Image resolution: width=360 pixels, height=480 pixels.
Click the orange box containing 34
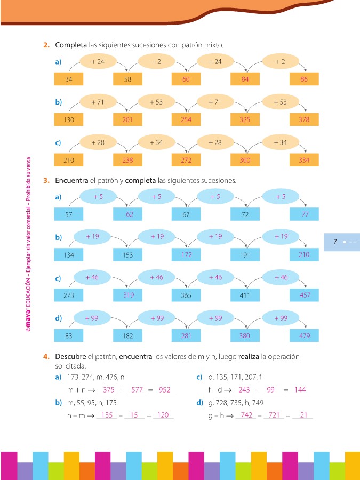point(69,79)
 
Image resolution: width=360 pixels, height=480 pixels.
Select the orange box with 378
point(304,119)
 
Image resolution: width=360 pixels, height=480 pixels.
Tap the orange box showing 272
point(186,160)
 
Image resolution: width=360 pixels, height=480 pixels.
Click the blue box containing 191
point(245,254)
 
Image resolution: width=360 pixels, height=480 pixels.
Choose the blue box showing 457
point(304,295)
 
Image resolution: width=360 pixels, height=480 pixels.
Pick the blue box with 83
point(69,336)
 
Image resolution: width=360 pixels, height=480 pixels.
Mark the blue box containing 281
point(186,336)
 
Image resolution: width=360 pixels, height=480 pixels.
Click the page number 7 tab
point(335,242)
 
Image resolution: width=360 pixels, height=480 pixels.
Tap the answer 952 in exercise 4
point(164,390)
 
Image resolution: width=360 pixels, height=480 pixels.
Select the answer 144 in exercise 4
point(300,390)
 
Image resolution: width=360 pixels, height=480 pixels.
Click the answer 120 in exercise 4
point(163,415)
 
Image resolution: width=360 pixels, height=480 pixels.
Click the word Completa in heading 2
point(71,46)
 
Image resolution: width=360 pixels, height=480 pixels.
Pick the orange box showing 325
point(245,119)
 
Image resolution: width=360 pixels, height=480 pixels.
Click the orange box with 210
point(69,160)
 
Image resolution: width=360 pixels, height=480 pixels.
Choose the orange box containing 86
point(304,79)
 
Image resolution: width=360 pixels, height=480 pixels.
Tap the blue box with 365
point(186,295)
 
